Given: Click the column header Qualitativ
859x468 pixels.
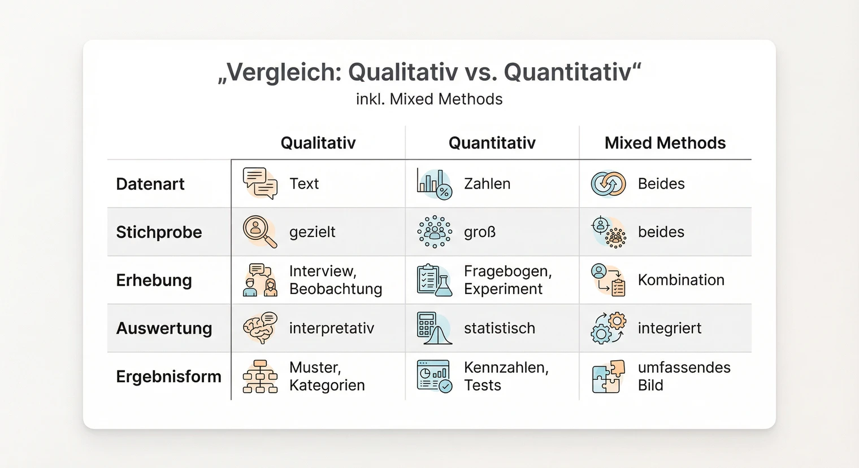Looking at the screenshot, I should click(318, 143).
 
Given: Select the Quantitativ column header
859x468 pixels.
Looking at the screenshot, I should click(492, 143).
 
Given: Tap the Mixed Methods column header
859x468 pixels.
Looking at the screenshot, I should click(665, 143).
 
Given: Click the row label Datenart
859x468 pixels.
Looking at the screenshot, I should click(150, 184).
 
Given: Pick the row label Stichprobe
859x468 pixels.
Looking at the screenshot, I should click(159, 232).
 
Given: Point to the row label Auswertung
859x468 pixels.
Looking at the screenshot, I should click(164, 328).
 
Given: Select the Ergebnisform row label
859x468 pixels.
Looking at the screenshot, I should click(168, 377).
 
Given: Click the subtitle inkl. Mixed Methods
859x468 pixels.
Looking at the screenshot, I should click(429, 99).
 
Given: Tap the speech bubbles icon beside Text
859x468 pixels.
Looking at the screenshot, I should click(260, 183).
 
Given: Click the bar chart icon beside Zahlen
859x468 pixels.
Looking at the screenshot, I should click(434, 183).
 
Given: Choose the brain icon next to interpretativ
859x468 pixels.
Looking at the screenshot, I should click(260, 328).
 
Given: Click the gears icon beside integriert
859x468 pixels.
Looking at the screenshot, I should click(608, 328).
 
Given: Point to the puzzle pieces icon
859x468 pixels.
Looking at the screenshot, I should click(608, 377).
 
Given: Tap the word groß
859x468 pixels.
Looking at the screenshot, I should click(479, 232).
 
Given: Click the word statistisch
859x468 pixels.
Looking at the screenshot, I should click(499, 328).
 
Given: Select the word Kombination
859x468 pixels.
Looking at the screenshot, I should click(680, 280).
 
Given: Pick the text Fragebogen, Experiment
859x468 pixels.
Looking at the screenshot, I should click(507, 280).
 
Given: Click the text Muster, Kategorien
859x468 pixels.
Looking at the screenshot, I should click(327, 377).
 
